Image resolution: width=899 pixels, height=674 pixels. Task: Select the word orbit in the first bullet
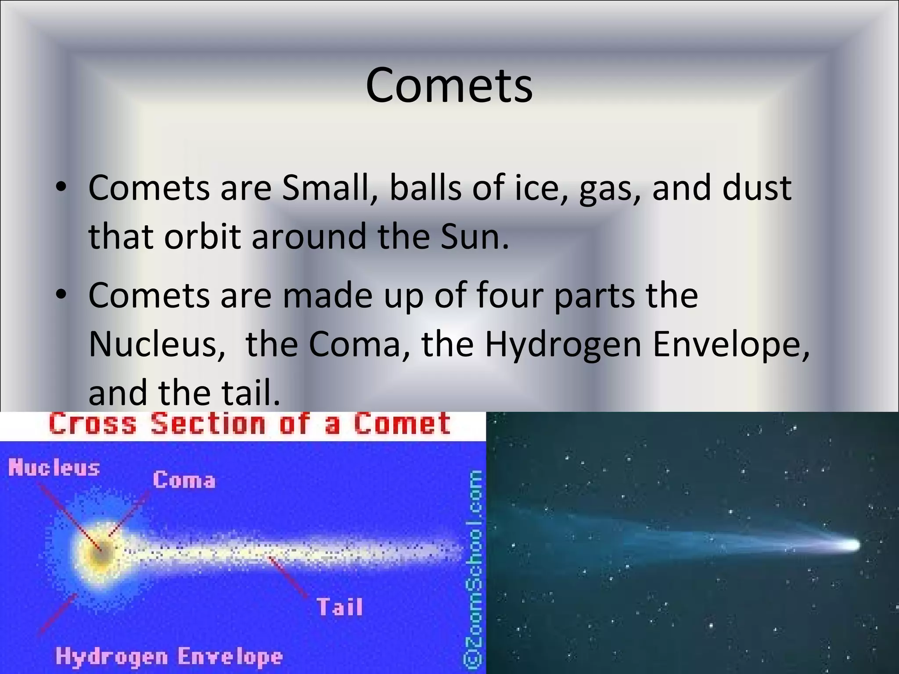[202, 236]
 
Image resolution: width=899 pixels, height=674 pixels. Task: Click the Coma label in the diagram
[184, 480]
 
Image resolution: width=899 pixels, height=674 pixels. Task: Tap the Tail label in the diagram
[340, 607]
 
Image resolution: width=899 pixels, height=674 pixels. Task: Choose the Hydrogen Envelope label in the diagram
[169, 657]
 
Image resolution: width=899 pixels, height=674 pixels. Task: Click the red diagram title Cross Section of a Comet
[249, 424]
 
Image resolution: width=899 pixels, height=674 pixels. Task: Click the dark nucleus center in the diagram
[102, 554]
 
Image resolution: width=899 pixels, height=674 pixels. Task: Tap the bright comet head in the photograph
[850, 545]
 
